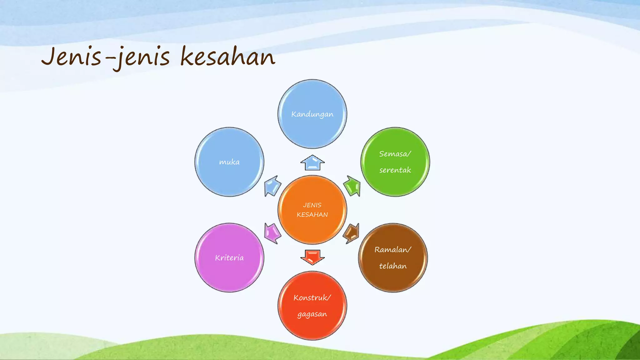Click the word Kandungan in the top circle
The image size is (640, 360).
[x=312, y=114]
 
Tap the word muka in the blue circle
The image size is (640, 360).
[x=229, y=162]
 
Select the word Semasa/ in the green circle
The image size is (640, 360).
[x=395, y=154]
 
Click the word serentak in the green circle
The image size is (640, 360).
[x=395, y=170]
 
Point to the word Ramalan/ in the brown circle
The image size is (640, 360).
[x=393, y=250]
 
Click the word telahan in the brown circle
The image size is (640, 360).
[x=393, y=266]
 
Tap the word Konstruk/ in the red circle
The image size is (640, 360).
[x=312, y=297]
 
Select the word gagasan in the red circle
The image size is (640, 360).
[x=312, y=314]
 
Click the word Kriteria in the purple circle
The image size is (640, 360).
[x=229, y=258]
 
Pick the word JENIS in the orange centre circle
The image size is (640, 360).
[x=312, y=205]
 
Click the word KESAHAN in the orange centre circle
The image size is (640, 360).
[x=312, y=215]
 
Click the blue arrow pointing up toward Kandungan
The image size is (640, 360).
[x=312, y=163]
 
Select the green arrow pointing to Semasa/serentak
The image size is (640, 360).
[x=352, y=186]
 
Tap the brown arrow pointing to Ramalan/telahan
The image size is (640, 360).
[x=351, y=233]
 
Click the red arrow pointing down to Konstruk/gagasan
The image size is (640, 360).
[x=312, y=257]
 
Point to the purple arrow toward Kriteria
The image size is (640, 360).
[x=272, y=233]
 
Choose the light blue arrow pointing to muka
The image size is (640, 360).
[x=272, y=186]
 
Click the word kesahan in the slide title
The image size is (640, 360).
[x=228, y=57]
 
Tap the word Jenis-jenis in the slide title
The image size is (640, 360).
[x=106, y=57]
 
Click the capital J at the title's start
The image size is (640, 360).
[x=49, y=56]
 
